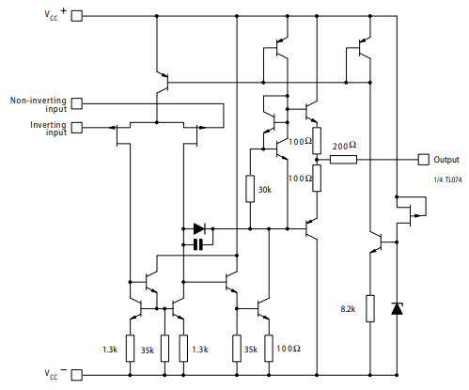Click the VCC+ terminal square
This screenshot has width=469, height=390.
point(77,16)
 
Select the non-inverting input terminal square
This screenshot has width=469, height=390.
point(77,103)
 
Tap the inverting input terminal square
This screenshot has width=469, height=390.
point(77,127)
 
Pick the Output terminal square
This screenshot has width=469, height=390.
point(423,160)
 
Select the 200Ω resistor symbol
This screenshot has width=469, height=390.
point(344,160)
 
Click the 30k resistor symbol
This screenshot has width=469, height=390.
point(250,189)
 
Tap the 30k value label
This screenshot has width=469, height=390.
point(266,190)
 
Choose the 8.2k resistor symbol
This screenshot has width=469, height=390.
point(370,307)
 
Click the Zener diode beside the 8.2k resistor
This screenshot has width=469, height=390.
point(397,307)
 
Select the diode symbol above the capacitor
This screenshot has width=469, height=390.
point(198,228)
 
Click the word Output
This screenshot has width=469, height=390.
point(446,160)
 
